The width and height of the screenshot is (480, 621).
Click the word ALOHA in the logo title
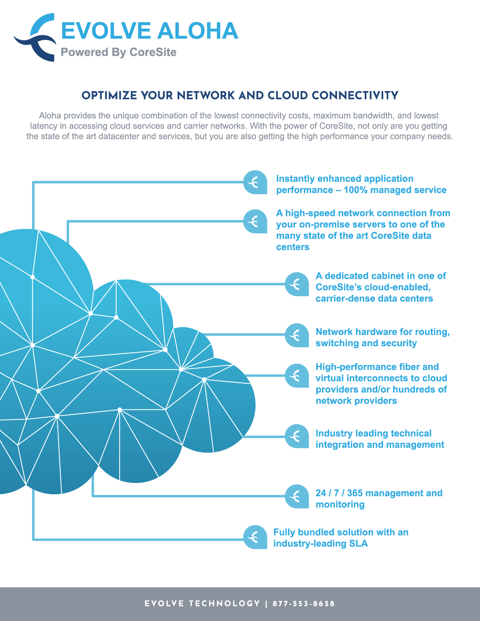pos(198,30)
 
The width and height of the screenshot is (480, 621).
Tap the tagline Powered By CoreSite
pos(119,52)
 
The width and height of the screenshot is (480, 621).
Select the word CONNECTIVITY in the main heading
pos(355,96)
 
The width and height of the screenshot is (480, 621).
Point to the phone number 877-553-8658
pos(303,604)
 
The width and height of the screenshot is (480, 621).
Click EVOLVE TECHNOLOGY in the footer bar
pos(202,604)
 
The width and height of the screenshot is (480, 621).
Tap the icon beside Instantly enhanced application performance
pos(255,182)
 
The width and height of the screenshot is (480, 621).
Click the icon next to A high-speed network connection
pos(255,221)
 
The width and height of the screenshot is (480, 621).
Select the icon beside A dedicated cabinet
pos(297,284)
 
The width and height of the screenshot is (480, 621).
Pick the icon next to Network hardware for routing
pos(297,335)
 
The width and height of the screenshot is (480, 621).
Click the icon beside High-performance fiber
pos(297,376)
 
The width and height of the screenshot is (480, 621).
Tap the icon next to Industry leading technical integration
pos(297,436)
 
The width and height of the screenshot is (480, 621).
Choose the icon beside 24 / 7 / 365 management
pos(297,496)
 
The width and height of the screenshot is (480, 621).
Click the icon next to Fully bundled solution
pos(255,537)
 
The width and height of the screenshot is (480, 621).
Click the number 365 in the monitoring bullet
pos(355,493)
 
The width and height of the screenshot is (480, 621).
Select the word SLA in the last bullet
pos(358,543)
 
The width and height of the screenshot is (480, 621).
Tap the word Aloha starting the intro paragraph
pos(50,116)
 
